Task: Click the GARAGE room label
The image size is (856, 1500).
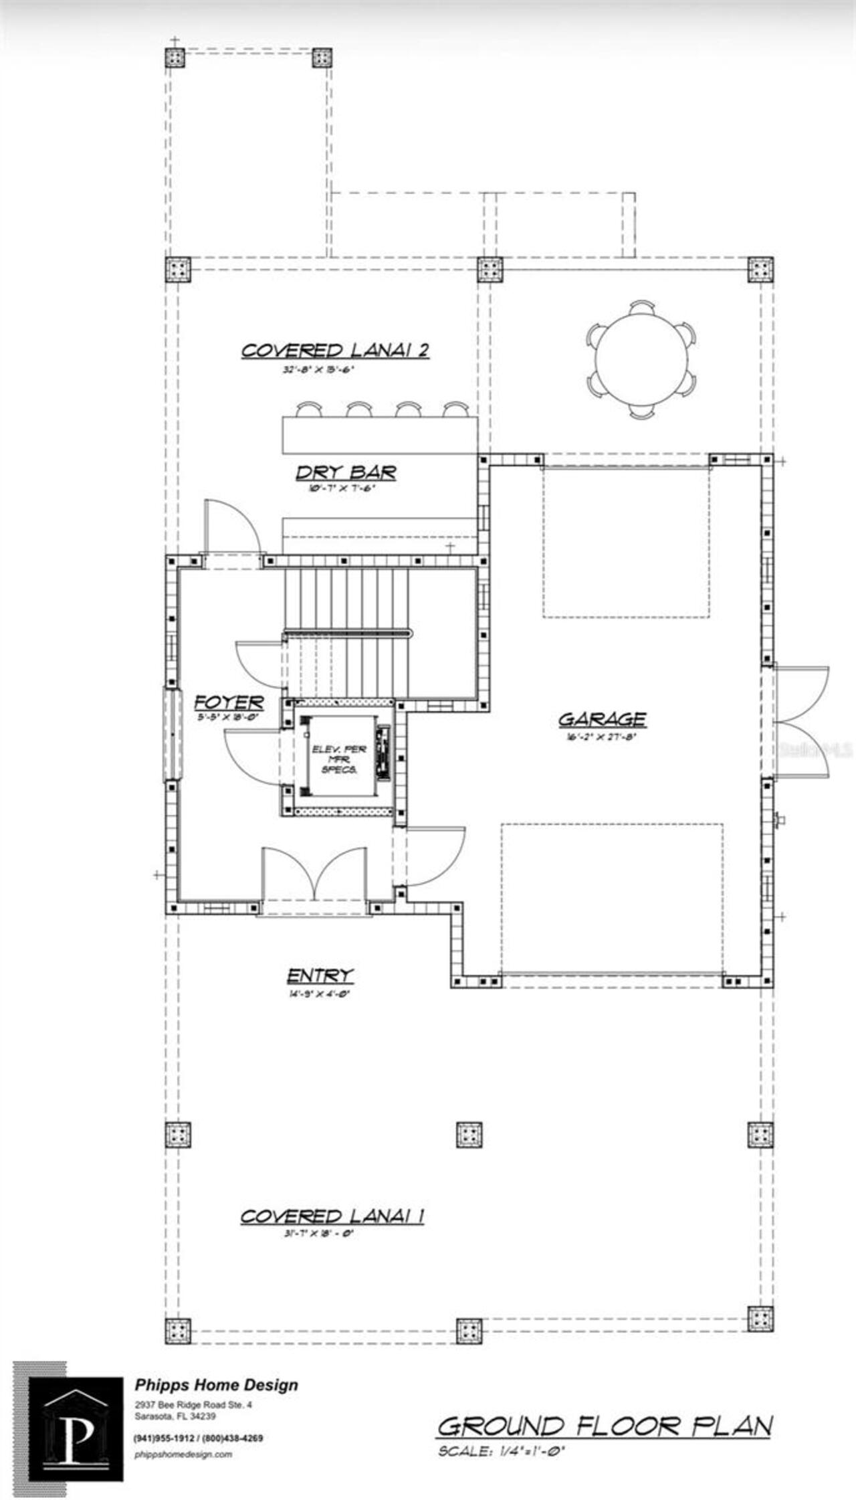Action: coord(602,719)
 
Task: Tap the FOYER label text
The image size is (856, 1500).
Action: coord(229,702)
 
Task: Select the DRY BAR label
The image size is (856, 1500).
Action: coord(346,472)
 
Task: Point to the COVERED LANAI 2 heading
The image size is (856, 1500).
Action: coord(334,351)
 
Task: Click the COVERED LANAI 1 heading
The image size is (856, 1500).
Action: coord(332,1216)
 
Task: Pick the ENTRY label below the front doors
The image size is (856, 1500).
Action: coord(320,976)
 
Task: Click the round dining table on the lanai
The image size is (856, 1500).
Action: coord(641,359)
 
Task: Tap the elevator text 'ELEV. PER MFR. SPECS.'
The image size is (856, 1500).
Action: coord(339,759)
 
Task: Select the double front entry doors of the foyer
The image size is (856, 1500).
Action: coord(314,876)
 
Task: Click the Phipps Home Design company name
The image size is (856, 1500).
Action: coord(217,1385)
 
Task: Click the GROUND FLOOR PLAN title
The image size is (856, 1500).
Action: coord(605,1427)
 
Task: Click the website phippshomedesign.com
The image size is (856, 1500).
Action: coord(183,1454)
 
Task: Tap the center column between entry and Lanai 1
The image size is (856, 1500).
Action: coord(469,1135)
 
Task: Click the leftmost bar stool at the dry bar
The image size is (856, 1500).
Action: coord(309,409)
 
